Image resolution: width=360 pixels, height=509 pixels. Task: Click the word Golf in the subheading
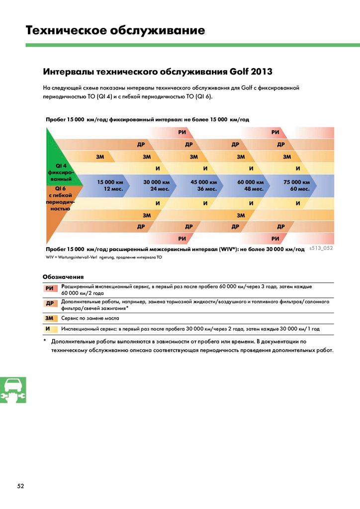(x=240, y=71)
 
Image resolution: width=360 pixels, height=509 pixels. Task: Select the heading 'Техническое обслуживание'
(x=115, y=31)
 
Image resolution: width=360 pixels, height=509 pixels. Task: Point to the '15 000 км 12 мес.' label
(x=110, y=185)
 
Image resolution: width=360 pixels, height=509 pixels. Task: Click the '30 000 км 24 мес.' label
(x=157, y=185)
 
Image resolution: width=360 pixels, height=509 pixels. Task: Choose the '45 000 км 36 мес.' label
(x=203, y=185)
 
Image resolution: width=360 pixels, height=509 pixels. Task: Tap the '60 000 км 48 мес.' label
(x=250, y=185)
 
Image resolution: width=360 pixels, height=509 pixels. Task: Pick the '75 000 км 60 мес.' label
(x=297, y=185)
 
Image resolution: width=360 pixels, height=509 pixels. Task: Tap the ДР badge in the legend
(x=50, y=304)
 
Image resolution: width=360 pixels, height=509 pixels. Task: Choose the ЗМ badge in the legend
(x=49, y=318)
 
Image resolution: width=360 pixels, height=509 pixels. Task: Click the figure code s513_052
(x=321, y=248)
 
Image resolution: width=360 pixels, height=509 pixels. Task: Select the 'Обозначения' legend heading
(x=63, y=276)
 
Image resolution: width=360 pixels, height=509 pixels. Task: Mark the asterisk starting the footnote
(x=45, y=341)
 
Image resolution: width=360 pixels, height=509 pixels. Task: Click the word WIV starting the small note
(x=49, y=257)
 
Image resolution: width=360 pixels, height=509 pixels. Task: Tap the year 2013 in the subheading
(x=262, y=71)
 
